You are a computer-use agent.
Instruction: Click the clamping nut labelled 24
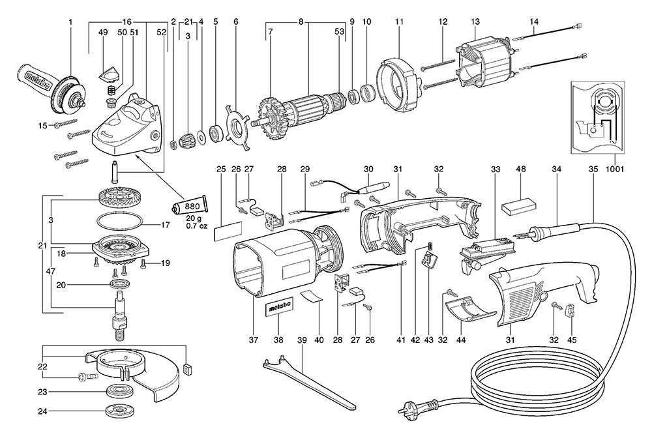(x=120, y=413)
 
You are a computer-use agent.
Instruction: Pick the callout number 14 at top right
(x=533, y=22)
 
